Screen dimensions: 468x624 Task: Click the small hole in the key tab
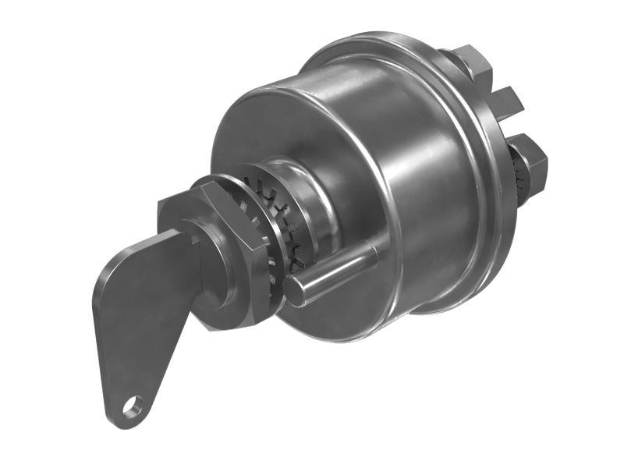coord(133,405)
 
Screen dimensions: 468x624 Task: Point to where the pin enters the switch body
coord(372,251)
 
